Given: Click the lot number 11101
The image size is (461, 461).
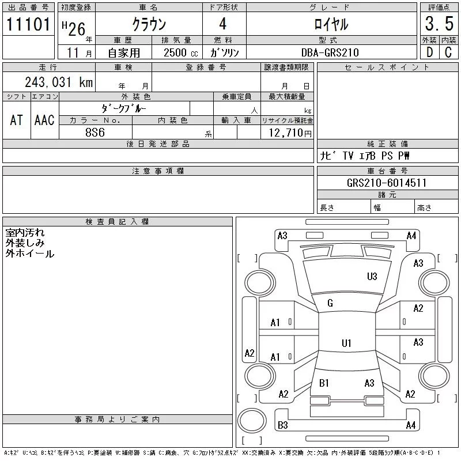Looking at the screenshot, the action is pyautogui.click(x=29, y=25).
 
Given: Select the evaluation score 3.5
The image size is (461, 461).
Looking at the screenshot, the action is pyautogui.click(x=437, y=25).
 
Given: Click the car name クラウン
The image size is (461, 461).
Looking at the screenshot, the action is pyautogui.click(x=149, y=25).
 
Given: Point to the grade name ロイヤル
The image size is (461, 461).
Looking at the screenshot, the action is pyautogui.click(x=331, y=25).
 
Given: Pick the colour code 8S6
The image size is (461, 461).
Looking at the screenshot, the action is pyautogui.click(x=95, y=131).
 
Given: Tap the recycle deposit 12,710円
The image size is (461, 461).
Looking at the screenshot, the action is pyautogui.click(x=287, y=133).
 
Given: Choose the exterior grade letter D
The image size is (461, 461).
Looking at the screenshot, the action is pyautogui.click(x=429, y=52).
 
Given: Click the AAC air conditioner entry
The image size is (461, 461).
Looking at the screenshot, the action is pyautogui.click(x=44, y=120).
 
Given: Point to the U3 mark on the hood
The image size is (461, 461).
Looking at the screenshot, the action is pyautogui.click(x=372, y=277).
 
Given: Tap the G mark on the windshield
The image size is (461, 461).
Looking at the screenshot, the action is pyautogui.click(x=330, y=303).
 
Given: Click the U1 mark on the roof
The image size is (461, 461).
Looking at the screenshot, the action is pyautogui.click(x=346, y=343).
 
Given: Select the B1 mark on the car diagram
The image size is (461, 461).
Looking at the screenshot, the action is pyautogui.click(x=324, y=383).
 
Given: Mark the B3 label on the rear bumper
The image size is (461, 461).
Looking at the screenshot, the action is pyautogui.click(x=282, y=426).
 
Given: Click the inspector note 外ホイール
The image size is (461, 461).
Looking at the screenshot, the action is pyautogui.click(x=30, y=254).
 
